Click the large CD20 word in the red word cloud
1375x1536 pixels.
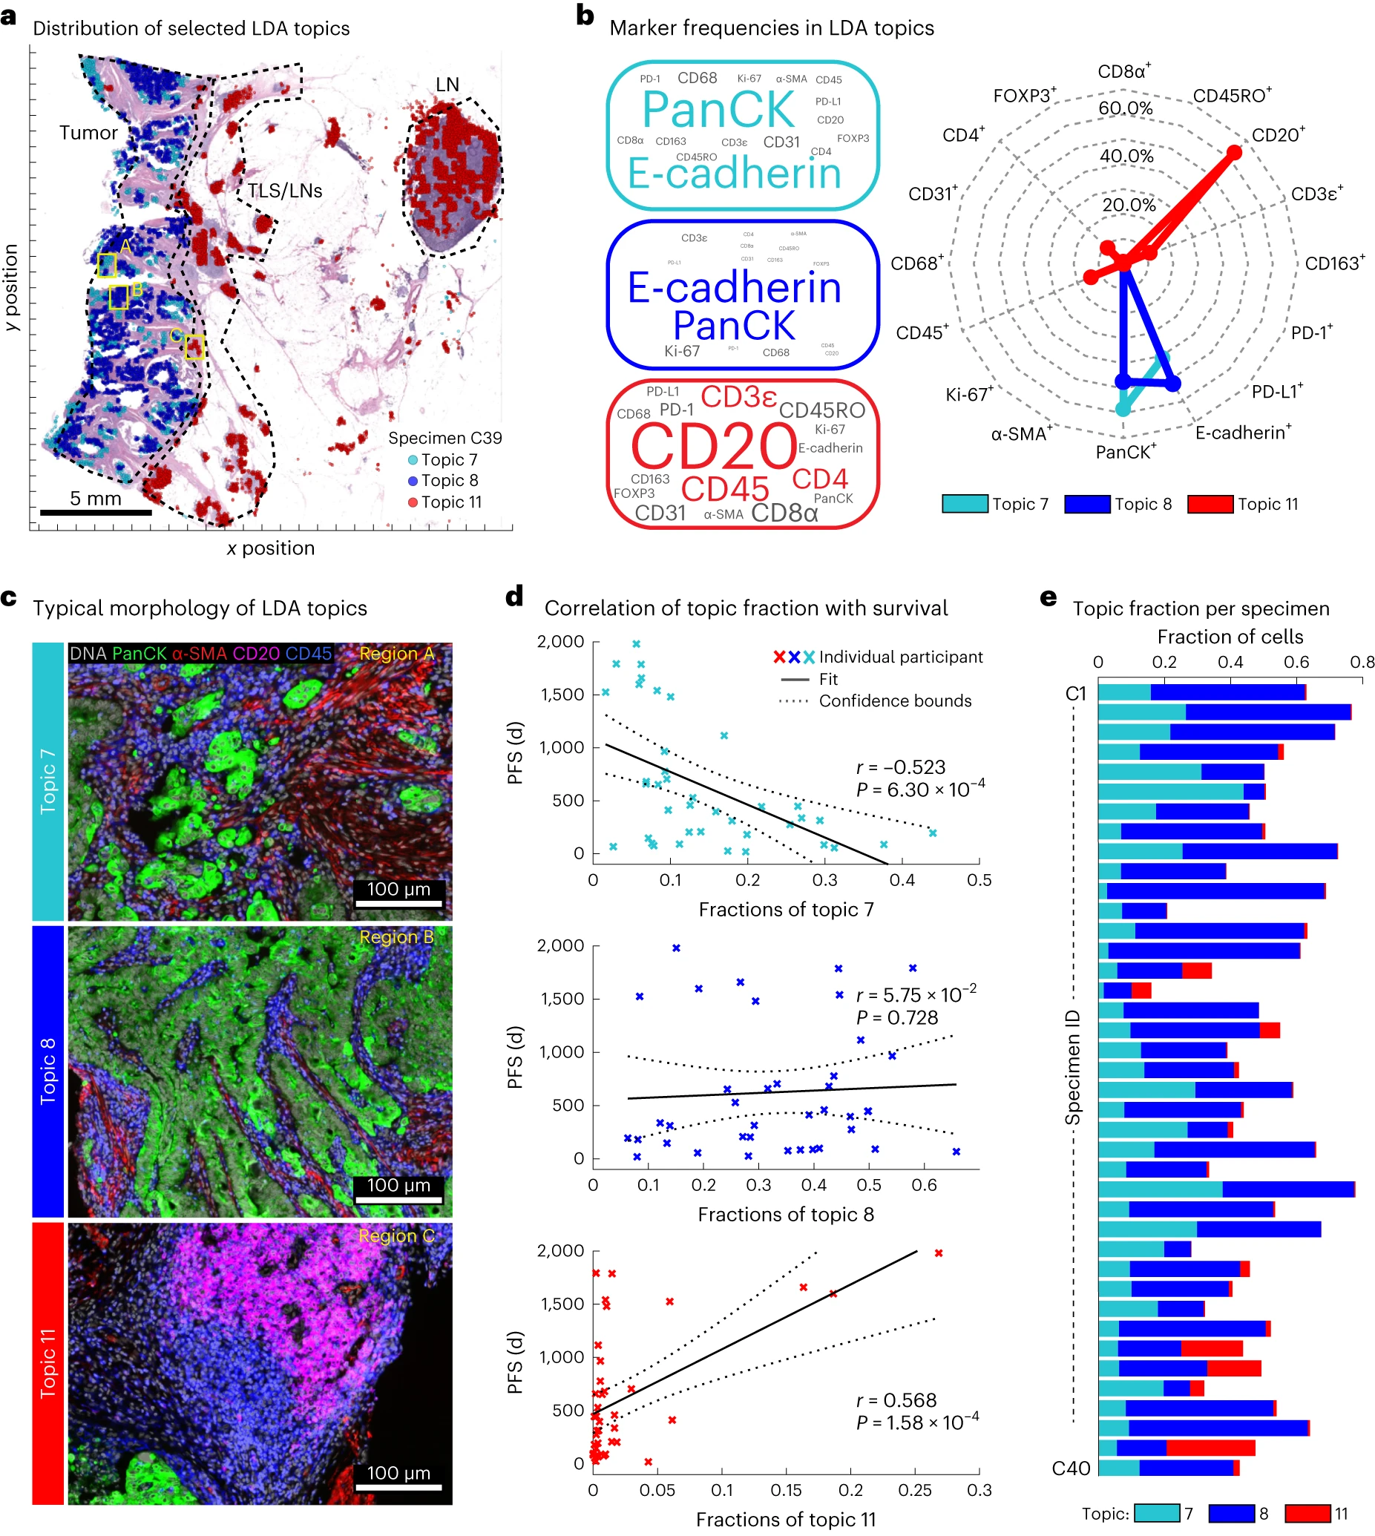tap(713, 447)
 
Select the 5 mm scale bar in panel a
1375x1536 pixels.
tap(95, 512)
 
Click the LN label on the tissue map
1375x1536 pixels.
tap(447, 85)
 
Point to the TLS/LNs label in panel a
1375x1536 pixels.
tap(285, 191)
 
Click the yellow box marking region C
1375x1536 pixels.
tap(195, 346)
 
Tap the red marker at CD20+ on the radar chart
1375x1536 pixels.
tap(1234, 153)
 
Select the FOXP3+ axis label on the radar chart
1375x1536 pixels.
tap(1025, 96)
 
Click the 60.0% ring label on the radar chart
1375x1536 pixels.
tap(1125, 109)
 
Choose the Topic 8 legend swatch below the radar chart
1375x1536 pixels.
tap(1087, 504)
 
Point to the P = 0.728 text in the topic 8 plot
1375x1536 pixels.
tap(897, 1018)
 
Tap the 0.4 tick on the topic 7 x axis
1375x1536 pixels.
tap(902, 880)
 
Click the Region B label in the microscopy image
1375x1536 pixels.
tap(396, 937)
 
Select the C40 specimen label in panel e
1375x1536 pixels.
tap(1071, 1468)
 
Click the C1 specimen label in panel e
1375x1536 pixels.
tap(1075, 693)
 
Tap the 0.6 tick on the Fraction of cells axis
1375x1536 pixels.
tap(1296, 663)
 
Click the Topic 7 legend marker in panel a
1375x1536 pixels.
tap(413, 460)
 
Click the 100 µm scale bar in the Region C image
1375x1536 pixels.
tap(398, 1488)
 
